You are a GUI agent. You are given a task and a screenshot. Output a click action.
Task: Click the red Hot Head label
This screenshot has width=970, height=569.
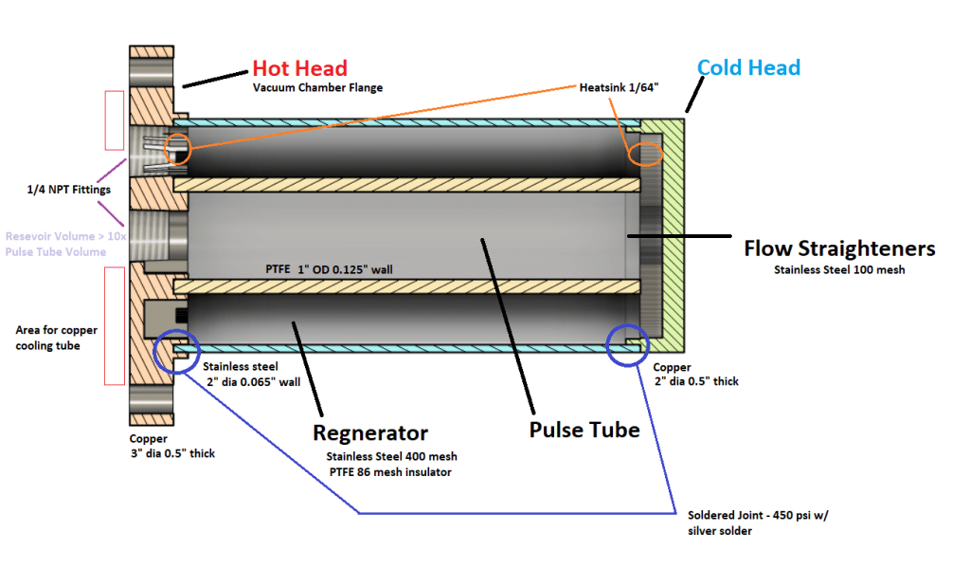point(299,68)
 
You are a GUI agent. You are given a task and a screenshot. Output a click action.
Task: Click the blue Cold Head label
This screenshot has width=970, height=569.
point(748,68)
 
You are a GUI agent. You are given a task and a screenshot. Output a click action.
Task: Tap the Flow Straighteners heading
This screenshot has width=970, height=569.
point(839,248)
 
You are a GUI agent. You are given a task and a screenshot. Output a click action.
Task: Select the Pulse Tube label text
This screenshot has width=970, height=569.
point(584,430)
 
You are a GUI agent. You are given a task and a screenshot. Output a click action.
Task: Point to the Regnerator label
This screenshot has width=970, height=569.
point(370,433)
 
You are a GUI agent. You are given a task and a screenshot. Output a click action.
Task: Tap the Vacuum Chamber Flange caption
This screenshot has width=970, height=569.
point(317,88)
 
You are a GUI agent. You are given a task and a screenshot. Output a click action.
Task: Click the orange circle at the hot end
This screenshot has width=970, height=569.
point(177,148)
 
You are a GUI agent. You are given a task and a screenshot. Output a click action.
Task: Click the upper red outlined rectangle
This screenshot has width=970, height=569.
point(114,119)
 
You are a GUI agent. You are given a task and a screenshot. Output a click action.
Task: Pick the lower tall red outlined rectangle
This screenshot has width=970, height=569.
point(114,325)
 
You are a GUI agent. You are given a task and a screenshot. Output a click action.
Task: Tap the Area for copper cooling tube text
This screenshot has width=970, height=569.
point(56,338)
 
